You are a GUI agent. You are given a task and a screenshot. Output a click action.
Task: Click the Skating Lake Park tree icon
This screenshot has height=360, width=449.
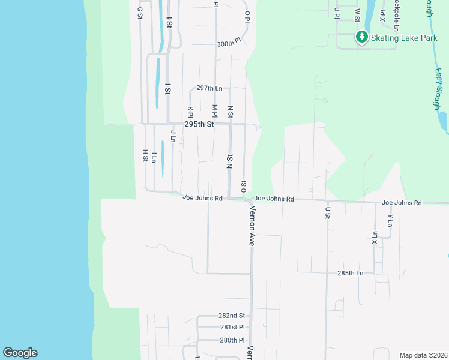click(x=361, y=38)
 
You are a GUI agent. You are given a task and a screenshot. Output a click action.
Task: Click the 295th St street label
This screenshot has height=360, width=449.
click(x=199, y=124)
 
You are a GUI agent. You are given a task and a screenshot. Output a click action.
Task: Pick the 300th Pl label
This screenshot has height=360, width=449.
click(x=228, y=44)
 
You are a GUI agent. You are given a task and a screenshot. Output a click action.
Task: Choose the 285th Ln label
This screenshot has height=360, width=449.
click(x=351, y=273)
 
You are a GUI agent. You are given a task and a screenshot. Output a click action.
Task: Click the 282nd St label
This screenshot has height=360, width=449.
click(x=232, y=316)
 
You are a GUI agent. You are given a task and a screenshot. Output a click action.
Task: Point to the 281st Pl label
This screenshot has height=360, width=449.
click(x=232, y=327)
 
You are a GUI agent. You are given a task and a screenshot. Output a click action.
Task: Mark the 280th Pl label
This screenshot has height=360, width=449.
click(x=232, y=340)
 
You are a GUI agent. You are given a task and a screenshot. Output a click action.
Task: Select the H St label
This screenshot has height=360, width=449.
click(x=145, y=156)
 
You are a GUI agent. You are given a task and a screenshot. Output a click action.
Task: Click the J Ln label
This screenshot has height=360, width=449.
click(x=172, y=136)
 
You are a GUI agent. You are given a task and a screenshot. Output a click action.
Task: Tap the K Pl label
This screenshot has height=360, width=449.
click(x=190, y=112)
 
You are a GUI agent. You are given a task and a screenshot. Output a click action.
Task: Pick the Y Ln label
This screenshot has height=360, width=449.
click(x=390, y=220)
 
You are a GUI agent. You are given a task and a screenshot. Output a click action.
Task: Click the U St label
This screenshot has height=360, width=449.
click(x=328, y=212)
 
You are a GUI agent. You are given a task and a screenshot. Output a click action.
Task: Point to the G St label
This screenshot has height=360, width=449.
click(x=139, y=13)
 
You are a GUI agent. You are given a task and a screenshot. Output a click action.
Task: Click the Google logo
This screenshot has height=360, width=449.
click(x=20, y=353)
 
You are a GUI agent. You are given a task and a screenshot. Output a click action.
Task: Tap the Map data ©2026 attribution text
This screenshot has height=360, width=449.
click(x=423, y=355)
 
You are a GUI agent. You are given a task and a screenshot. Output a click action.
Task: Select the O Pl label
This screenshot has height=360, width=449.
click(x=246, y=16)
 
